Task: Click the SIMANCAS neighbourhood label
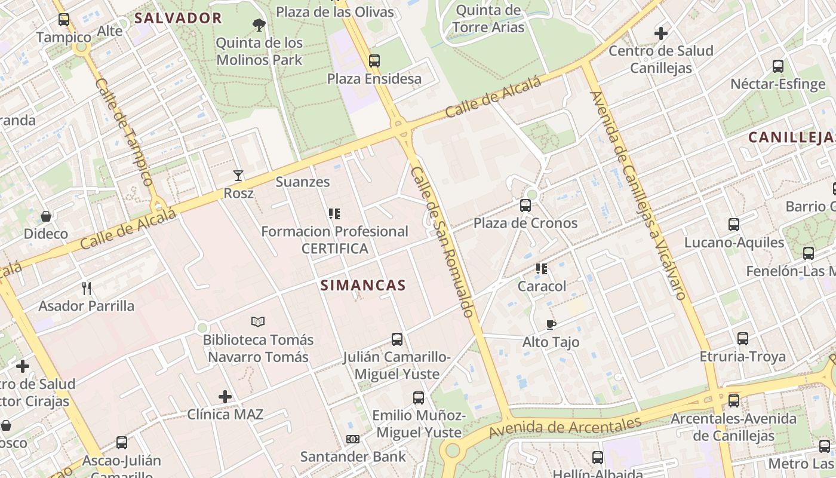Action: point(363,285)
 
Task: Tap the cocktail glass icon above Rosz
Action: point(238,176)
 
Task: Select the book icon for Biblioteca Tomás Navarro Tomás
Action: point(258,322)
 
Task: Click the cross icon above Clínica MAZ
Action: point(225,396)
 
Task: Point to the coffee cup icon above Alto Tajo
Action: point(551,324)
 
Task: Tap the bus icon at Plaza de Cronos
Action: point(525,206)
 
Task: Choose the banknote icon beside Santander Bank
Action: point(353,439)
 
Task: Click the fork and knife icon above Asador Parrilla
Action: point(87,289)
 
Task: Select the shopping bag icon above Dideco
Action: point(46,216)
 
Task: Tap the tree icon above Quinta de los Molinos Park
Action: point(259,24)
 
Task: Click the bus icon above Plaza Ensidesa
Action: point(374,60)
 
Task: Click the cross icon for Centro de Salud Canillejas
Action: point(661,33)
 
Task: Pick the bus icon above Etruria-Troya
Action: point(743,339)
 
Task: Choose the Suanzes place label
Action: point(303,182)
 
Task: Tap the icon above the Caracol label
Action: point(542,268)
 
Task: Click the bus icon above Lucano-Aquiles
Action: point(734,225)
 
